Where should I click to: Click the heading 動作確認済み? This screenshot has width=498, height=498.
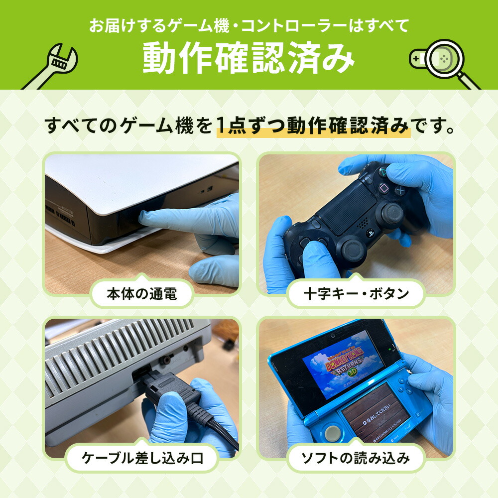tap(249, 59)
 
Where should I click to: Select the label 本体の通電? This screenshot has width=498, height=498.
tap(142, 294)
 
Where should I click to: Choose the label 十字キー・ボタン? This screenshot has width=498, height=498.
tap(356, 294)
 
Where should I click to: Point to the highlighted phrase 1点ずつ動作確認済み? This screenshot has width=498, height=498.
tap(314, 126)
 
